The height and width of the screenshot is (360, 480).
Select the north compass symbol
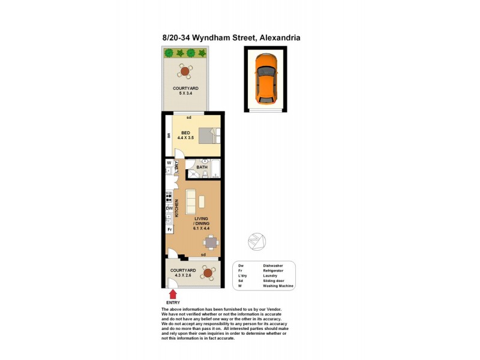256,241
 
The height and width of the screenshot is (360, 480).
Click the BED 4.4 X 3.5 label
186,136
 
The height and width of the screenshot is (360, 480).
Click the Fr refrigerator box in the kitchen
169,230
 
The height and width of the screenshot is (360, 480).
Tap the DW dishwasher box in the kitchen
169,208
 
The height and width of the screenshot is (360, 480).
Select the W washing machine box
169,162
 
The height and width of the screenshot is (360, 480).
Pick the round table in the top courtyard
185,71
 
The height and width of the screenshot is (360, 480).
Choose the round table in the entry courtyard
208,274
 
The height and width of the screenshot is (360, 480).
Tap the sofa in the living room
191,201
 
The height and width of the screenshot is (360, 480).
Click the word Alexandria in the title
280,37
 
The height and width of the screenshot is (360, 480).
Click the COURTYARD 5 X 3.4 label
185,91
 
